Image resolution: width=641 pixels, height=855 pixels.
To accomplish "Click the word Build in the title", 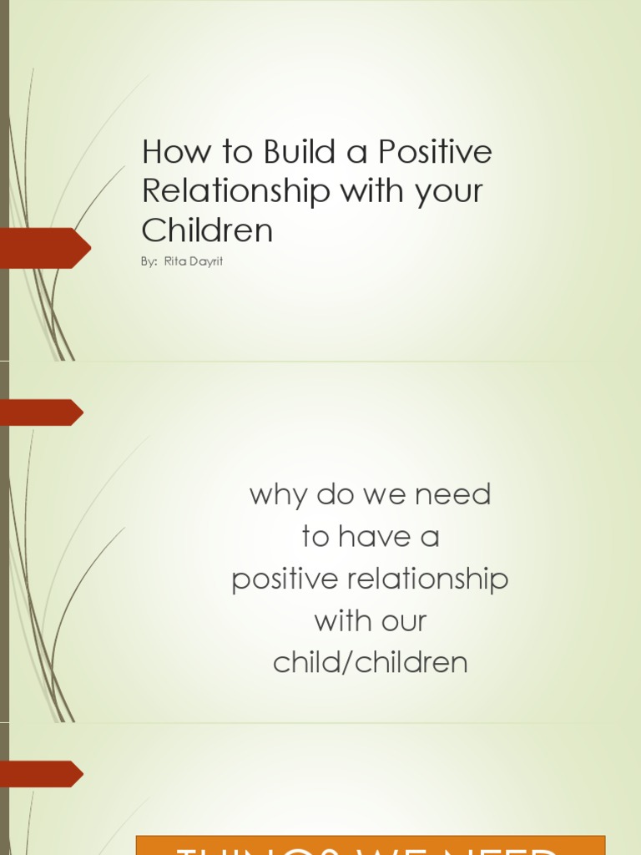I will pyautogui.click(x=295, y=153).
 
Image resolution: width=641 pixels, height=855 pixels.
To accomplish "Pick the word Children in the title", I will pyautogui.click(x=207, y=230).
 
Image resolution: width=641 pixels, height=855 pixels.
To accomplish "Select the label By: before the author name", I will pyautogui.click(x=149, y=262).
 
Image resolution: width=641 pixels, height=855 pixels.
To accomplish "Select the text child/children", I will pyautogui.click(x=371, y=663).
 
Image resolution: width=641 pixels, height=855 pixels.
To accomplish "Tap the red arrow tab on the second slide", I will pyautogui.click(x=40, y=412).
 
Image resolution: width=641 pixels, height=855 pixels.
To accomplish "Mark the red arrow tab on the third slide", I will pyautogui.click(x=40, y=774).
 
